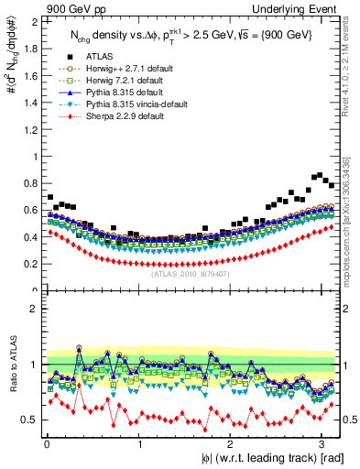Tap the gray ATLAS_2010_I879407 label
coord(189,273)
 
